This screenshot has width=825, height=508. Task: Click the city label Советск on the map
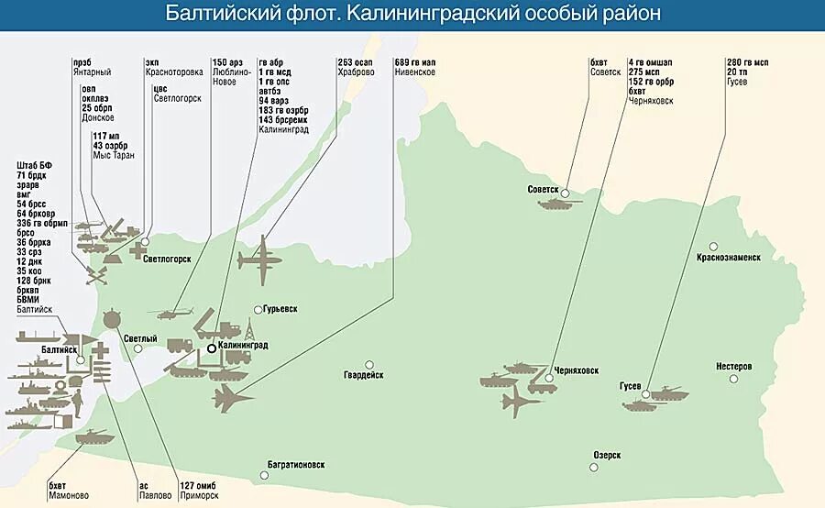tap(543, 190)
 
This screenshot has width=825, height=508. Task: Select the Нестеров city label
tap(733, 367)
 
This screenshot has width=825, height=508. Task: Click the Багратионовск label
tap(296, 464)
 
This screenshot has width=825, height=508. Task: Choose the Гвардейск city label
tap(364, 375)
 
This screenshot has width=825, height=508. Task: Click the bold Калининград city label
tap(243, 346)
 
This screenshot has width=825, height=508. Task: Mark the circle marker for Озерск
tap(594, 468)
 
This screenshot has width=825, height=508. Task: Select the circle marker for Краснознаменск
tap(713, 246)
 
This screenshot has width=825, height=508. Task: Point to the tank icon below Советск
tap(555, 204)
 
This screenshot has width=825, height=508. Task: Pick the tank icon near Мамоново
tap(93, 436)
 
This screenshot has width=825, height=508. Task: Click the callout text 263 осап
tap(356, 62)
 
